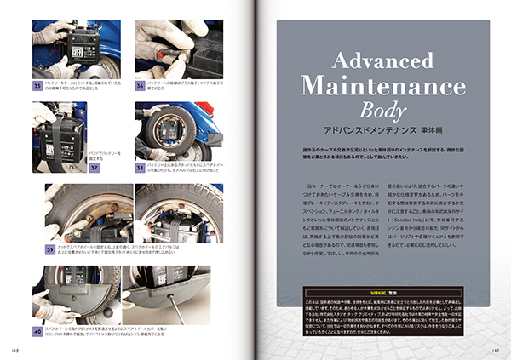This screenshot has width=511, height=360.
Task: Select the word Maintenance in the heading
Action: [x=383, y=87]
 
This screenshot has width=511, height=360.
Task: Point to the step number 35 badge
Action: [x=38, y=85]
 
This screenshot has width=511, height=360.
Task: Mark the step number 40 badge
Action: [x=38, y=330]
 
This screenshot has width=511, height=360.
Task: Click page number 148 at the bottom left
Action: [x=16, y=349]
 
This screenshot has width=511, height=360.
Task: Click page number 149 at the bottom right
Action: [x=495, y=349]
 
